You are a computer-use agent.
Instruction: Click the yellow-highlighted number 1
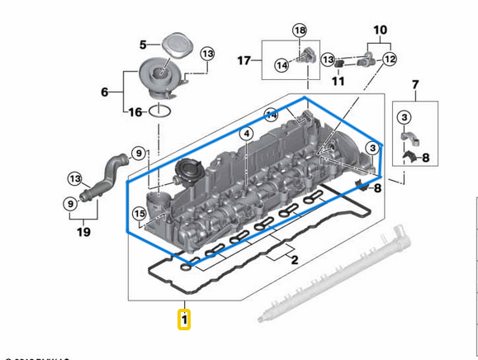pos(185,318)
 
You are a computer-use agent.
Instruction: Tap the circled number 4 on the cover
pos(245,134)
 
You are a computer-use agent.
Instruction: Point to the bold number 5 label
pos(142,44)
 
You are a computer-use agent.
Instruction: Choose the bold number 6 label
pos(105,92)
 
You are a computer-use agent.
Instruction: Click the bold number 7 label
pos(415,85)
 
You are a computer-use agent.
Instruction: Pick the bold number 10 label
pos(380,31)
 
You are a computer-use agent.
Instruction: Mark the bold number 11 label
pos(337,82)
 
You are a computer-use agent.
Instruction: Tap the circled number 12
pos(389,59)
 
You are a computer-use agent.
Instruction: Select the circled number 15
pos(139,215)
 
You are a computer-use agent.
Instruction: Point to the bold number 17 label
pos(244,60)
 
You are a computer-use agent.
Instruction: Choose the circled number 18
pos(299,31)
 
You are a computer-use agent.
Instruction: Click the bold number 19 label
pos(83,233)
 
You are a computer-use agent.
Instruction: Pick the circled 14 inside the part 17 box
pos(282,64)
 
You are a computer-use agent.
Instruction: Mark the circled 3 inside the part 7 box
pos(405,116)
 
